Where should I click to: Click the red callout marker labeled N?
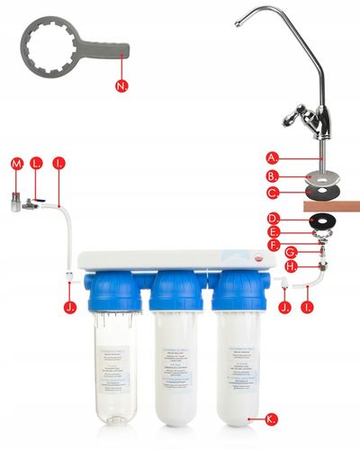click(x=123, y=86)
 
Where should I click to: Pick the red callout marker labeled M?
click(x=15, y=164)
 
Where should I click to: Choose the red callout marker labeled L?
click(x=37, y=164)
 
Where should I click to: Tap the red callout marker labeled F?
click(x=274, y=243)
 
